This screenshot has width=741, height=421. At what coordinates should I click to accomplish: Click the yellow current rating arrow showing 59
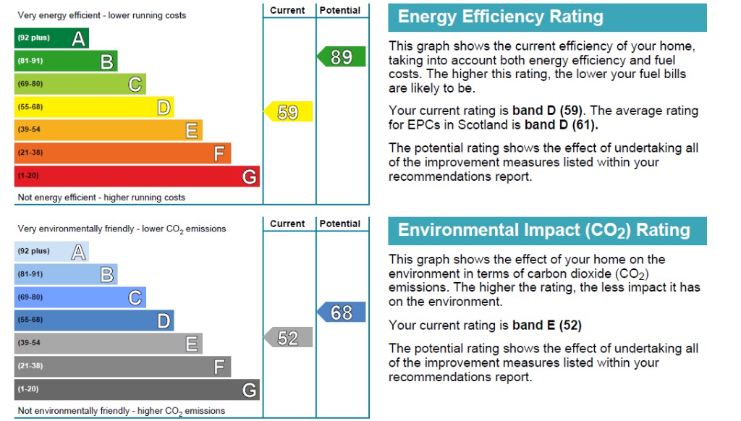pos(289,112)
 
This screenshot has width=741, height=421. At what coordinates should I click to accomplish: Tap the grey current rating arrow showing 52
pos(289,338)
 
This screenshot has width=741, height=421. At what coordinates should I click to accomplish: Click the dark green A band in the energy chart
pos(51,38)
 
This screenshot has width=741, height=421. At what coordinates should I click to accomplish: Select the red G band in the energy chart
pos(137,176)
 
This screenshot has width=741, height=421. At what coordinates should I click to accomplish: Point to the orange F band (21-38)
pos(122,153)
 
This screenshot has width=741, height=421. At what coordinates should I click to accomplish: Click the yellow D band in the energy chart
pos(94,107)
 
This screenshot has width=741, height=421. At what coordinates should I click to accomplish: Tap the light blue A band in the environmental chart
pos(51,251)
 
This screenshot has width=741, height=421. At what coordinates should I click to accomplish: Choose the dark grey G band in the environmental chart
pos(137,389)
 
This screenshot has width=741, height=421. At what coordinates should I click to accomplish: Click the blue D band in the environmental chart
pos(94,320)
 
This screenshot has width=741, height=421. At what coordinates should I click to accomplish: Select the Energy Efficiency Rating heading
pos(501,17)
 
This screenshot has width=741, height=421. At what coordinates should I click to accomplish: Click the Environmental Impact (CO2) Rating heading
pos(544,231)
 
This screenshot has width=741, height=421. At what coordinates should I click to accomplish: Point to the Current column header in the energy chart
pos(288,10)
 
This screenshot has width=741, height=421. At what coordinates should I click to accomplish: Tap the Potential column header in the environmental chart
pos(340,224)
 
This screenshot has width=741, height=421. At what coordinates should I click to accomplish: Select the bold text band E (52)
pos(546,325)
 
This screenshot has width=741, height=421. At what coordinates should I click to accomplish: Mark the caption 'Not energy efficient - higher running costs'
pos(101,197)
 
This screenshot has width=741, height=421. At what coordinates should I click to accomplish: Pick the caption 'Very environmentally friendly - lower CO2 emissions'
pos(122,229)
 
